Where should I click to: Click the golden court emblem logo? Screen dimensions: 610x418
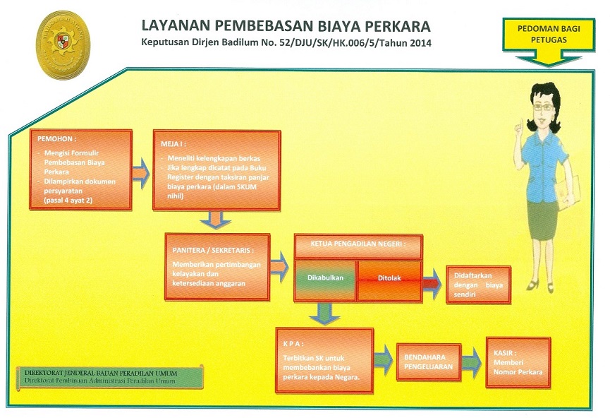[63, 44]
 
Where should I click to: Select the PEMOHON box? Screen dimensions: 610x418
[81, 170]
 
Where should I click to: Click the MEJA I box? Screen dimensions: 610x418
[216, 170]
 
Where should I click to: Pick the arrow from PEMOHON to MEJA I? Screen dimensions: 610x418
[141, 174]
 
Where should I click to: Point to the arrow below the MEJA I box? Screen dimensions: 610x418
[216, 220]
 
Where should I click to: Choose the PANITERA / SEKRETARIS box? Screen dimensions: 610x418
[217, 267]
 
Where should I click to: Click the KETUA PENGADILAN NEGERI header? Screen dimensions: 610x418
[358, 246]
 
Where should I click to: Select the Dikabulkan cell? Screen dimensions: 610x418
[325, 280]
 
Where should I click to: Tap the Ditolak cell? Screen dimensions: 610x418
[389, 280]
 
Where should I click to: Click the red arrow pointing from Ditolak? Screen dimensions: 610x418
[432, 283]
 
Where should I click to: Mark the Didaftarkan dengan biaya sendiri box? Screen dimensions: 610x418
[478, 285]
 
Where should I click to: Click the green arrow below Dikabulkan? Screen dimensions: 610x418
[324, 313]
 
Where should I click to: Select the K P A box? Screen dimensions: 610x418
[324, 360]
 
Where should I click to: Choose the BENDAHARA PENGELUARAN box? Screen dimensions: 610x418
[429, 362]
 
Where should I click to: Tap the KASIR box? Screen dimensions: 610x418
[518, 362]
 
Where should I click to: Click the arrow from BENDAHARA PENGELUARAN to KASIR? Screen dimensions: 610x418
[472, 362]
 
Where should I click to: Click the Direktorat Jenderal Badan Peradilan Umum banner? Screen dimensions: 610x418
[110, 377]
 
